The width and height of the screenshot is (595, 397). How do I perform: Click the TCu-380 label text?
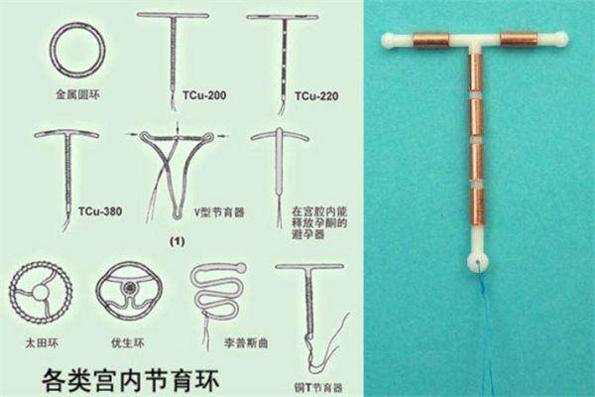(x=95, y=210)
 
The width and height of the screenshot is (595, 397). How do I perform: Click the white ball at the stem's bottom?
(x=476, y=262)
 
